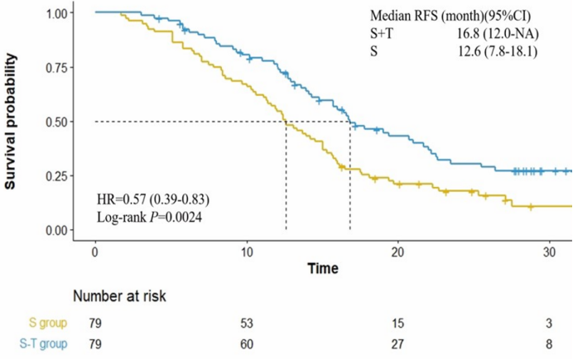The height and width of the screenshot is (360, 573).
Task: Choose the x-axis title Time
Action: pyautogui.click(x=322, y=269)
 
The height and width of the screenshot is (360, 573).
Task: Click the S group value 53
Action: pyautogui.click(x=247, y=323)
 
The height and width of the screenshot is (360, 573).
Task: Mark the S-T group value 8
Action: pyautogui.click(x=549, y=343)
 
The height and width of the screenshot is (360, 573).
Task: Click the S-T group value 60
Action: pyautogui.click(x=247, y=343)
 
